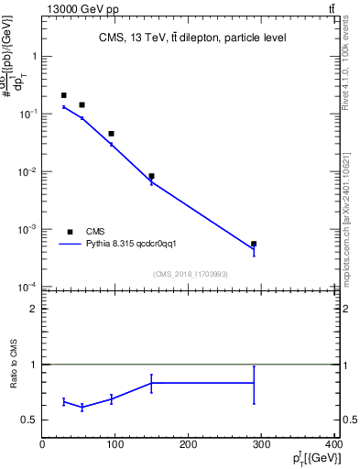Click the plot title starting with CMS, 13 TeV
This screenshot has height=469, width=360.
(192, 38)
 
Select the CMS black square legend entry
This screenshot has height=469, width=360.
(70, 232)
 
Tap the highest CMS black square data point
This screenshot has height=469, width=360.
(63, 95)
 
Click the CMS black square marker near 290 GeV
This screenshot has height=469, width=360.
(254, 245)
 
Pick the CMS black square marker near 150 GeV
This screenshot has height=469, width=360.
(151, 176)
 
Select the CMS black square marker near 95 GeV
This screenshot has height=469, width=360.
(111, 134)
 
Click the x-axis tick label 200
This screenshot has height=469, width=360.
(189, 445)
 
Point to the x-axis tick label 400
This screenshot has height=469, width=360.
(333, 445)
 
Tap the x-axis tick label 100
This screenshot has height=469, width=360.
(115, 445)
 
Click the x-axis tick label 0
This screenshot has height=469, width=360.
(42, 445)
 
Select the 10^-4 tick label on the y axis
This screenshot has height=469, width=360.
(27, 288)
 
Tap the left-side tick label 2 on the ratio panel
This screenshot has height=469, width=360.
(33, 309)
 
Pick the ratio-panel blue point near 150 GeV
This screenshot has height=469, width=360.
(151, 383)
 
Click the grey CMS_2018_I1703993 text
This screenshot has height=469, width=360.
(191, 273)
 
